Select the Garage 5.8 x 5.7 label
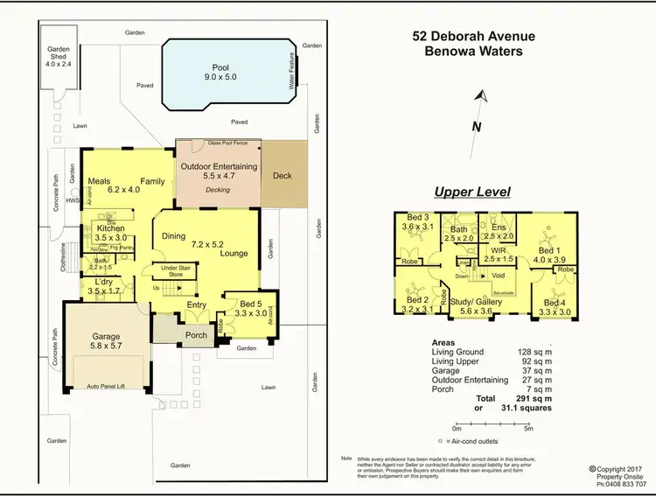click(x=106, y=341)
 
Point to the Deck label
click(x=282, y=176)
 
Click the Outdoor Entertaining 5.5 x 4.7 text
click(x=218, y=171)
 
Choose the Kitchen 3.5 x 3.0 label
click(x=110, y=233)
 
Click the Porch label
click(x=195, y=334)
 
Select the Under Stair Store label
click(x=175, y=270)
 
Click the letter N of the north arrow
click(x=476, y=127)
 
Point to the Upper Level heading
click(x=472, y=192)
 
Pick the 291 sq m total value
click(x=533, y=398)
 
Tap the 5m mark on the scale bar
click(x=527, y=428)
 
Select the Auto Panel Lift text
click(x=106, y=385)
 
